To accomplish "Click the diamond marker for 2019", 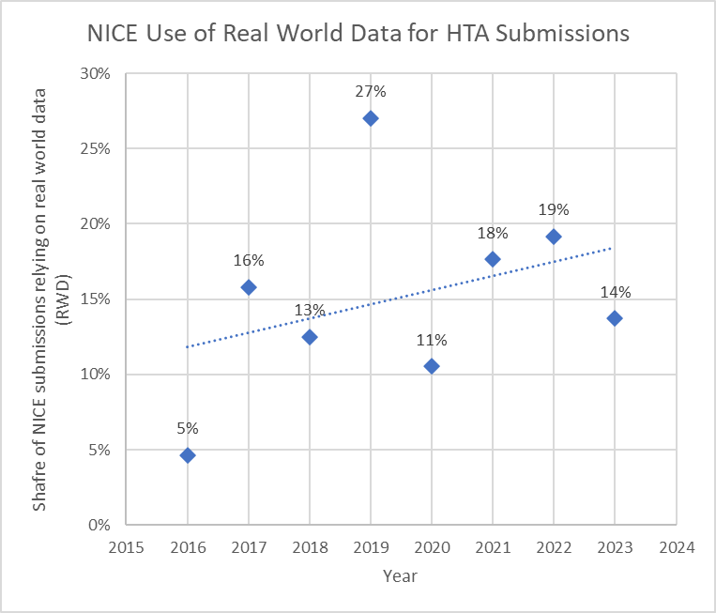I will (x=371, y=118).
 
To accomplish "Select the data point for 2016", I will (x=188, y=455).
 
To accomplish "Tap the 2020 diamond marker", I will (x=432, y=366).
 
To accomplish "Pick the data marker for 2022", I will (x=554, y=237).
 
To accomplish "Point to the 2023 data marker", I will (x=615, y=318).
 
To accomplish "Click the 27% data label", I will (x=371, y=91).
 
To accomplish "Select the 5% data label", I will (x=188, y=428).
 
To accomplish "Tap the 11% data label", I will (x=432, y=339).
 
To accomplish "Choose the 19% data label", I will (x=554, y=209).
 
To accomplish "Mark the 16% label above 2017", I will (x=249, y=260).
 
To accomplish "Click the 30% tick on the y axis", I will (x=96, y=74).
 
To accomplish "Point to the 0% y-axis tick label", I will (x=99, y=525).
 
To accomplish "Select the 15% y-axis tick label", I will (x=96, y=299).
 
